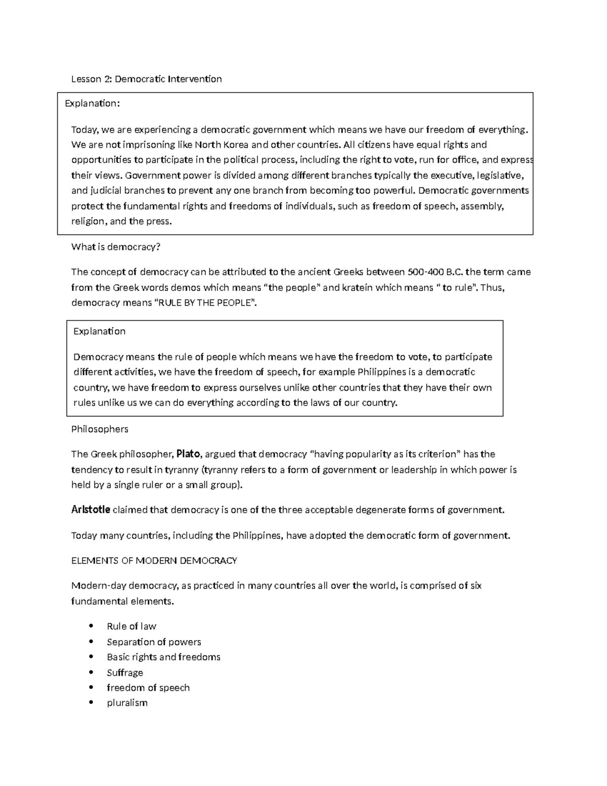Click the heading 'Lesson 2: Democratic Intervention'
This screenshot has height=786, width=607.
(x=146, y=79)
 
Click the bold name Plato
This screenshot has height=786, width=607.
(x=188, y=454)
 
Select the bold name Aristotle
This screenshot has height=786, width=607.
(x=91, y=510)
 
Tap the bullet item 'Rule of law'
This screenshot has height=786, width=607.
(x=132, y=627)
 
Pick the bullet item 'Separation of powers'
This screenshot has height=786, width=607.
(x=154, y=642)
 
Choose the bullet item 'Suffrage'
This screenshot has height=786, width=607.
(x=125, y=673)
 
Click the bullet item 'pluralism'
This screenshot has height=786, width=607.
(x=127, y=703)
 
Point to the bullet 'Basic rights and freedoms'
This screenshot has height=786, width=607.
(x=163, y=657)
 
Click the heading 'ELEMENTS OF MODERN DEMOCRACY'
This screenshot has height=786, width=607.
(x=154, y=561)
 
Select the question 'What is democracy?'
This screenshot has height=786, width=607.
(x=115, y=247)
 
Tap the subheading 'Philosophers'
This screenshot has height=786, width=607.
(x=100, y=429)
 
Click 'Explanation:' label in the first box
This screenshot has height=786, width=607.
(x=93, y=103)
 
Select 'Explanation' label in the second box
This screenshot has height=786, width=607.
(x=99, y=332)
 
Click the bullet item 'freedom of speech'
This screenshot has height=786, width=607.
(x=148, y=688)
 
